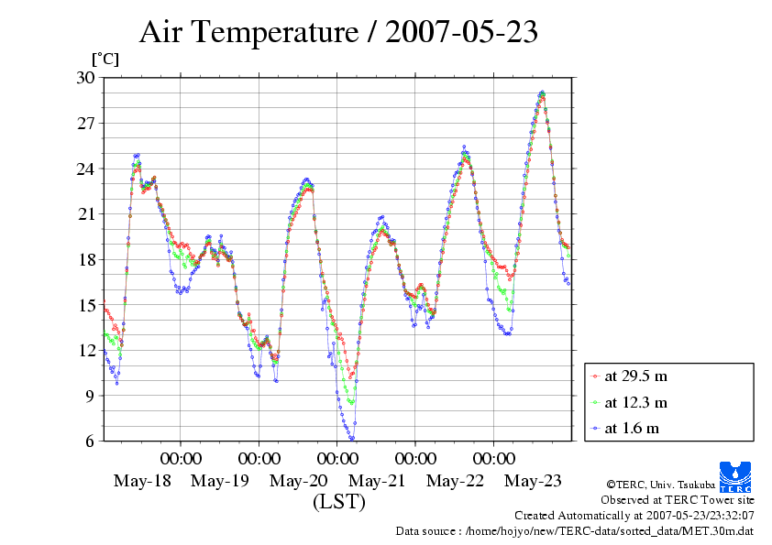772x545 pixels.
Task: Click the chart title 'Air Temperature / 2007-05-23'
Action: tap(338, 33)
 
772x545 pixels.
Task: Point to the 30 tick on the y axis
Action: tap(85, 77)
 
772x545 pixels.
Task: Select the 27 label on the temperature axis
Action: tap(85, 123)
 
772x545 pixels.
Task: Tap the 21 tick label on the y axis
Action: tap(85, 213)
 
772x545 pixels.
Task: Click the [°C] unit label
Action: tap(105, 59)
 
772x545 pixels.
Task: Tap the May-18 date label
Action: tap(141, 481)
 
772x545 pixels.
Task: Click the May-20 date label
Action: tap(299, 481)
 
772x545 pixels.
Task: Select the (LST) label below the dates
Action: tap(338, 502)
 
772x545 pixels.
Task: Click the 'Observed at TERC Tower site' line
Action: tap(677, 500)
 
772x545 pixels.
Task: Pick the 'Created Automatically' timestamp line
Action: tap(634, 516)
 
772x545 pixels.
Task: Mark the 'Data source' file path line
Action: tap(575, 530)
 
